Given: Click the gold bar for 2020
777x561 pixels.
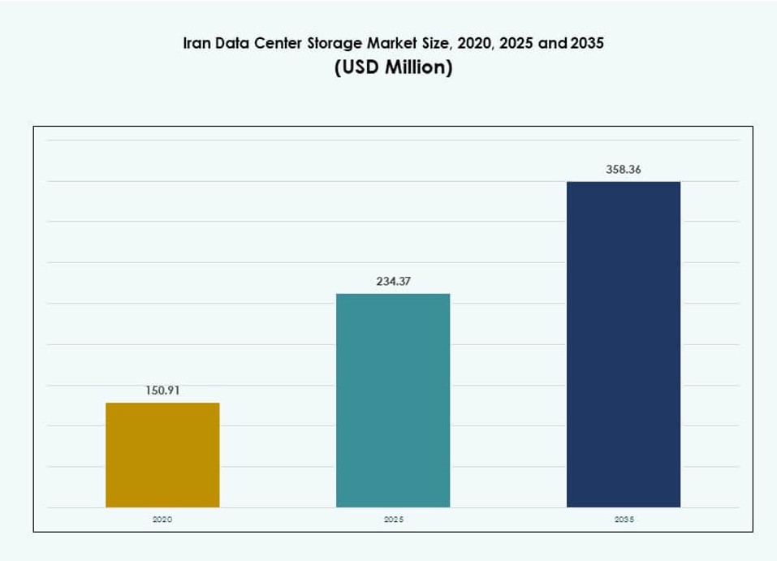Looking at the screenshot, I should (x=162, y=455).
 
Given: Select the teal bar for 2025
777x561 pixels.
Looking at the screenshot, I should (x=393, y=400).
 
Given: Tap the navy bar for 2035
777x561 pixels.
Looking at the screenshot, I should (x=623, y=344).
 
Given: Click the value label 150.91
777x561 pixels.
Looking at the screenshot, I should (x=162, y=391).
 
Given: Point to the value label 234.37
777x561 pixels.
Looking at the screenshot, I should (x=393, y=281).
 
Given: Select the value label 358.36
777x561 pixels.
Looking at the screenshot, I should (x=623, y=170).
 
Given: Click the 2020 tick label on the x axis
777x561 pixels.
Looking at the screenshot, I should (x=162, y=519).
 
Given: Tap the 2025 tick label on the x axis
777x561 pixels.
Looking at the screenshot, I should (x=393, y=519).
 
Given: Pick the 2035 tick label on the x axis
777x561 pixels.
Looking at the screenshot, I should (x=623, y=519).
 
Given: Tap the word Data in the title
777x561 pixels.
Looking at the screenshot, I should (x=236, y=43).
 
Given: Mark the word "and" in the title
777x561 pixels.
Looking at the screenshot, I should (x=552, y=43).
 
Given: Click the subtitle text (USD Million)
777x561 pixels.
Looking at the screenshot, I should (x=393, y=67).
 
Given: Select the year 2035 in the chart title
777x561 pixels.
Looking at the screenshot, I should (x=587, y=43).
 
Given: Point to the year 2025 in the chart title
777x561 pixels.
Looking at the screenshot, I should (x=517, y=43).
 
